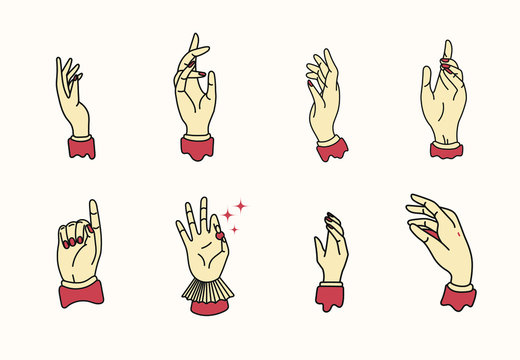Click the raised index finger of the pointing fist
click(x=94, y=215)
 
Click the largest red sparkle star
click(x=240, y=207)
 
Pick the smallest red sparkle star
click(x=226, y=213)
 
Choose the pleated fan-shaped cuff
click(x=207, y=291)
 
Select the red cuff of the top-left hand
click(x=82, y=149)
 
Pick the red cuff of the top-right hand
click(x=447, y=149)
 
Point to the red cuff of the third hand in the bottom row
click(x=330, y=297)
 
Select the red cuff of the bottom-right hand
click(x=459, y=296)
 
